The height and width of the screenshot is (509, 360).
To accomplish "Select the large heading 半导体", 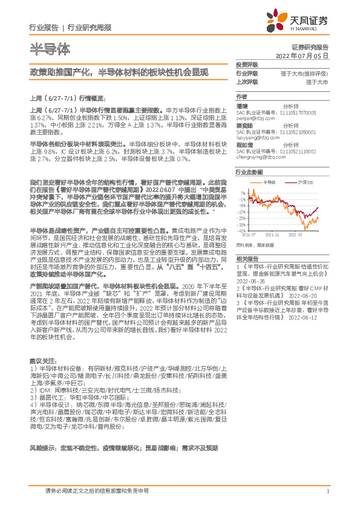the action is click(x=50, y=48).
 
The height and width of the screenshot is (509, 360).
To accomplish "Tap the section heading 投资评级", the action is click(x=246, y=64).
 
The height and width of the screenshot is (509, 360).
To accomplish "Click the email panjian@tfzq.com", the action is click(x=254, y=120).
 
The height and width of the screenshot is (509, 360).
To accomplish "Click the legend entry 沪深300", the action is click(x=306, y=182).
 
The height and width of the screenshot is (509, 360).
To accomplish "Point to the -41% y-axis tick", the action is click(x=242, y=230).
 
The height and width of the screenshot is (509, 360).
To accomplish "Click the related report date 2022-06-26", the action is click(x=251, y=281).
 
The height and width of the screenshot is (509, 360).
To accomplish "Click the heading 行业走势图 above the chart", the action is click(x=249, y=172).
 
